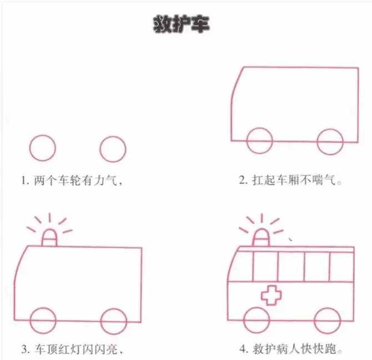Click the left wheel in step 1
(x=42, y=148)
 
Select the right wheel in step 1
(x=113, y=148)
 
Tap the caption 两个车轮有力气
(x=77, y=180)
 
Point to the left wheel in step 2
(x=260, y=141)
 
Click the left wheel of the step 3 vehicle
(x=42, y=322)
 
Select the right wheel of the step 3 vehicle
(x=114, y=322)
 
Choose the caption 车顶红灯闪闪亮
(x=77, y=349)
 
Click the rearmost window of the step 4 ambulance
(x=342, y=266)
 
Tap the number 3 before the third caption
(x=25, y=350)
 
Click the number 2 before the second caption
(x=243, y=181)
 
